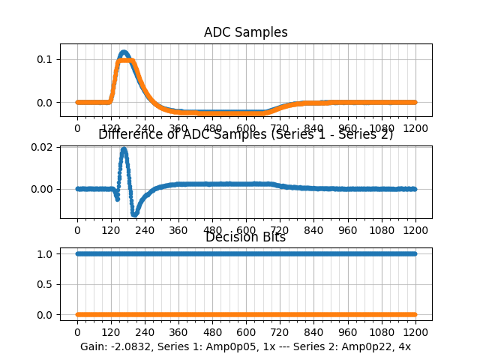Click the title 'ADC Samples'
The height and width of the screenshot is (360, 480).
(246, 32)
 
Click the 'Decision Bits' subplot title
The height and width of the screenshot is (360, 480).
(246, 238)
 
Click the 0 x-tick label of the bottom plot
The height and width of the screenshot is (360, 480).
(76, 332)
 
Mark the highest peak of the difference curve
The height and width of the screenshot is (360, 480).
(124, 149)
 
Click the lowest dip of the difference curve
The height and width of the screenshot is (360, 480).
(135, 214)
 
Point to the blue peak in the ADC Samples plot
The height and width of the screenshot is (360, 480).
(124, 52)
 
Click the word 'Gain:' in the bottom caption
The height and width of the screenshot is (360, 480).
(94, 346)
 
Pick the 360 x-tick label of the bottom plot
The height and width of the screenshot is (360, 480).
(178, 332)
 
